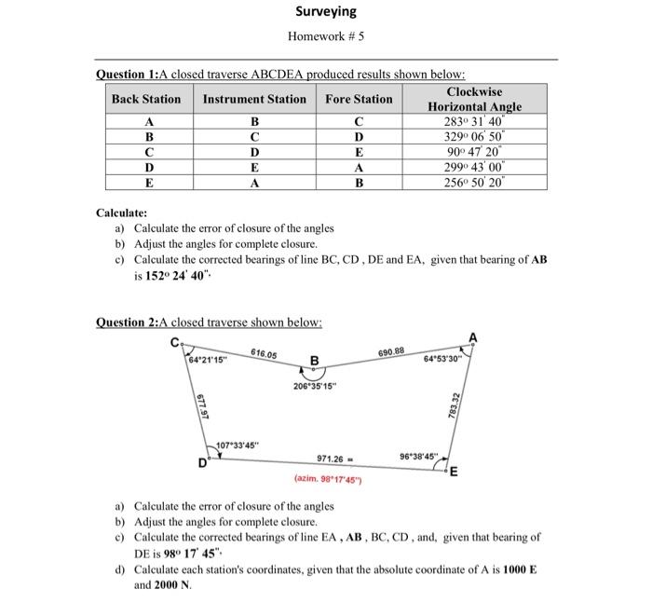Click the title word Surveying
tap(326, 12)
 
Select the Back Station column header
tap(146, 99)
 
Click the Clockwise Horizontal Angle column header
tap(474, 99)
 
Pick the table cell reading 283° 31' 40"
tap(474, 122)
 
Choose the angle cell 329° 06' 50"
tap(474, 137)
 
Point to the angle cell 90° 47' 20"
tap(474, 153)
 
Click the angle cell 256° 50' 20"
tap(474, 184)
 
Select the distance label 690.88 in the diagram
tap(391, 350)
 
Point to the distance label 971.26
tap(333, 459)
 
